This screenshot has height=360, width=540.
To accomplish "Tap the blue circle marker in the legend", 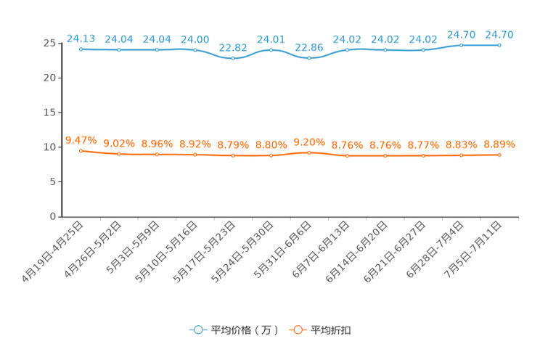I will click(197, 330).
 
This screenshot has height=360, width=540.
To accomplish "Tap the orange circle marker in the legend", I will click(297, 330).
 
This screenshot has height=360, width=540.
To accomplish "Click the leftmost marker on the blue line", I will click(81, 49).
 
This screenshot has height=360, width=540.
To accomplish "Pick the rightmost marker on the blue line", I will click(499, 45).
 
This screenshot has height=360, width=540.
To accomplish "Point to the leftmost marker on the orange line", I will click(81, 150).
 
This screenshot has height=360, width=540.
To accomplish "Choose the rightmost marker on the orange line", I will click(499, 155).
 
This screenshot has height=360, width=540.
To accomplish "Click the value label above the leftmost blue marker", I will click(81, 38).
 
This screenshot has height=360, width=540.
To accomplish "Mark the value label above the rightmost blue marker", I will click(499, 34).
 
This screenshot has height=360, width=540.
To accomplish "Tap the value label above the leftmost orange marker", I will click(81, 139).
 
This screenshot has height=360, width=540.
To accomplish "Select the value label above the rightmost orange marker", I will click(499, 144).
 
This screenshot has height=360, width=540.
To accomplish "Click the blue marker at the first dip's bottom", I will click(233, 58).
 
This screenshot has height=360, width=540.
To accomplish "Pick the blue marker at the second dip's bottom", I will click(309, 58).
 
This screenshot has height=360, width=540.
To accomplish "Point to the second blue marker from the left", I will click(118, 49).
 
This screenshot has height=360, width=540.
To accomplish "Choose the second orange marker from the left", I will click(118, 154).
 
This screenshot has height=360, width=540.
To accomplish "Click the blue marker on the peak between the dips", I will click(271, 50).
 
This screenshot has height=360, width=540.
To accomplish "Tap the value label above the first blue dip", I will click(233, 47).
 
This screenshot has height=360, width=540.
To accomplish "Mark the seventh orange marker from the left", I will click(309, 152).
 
